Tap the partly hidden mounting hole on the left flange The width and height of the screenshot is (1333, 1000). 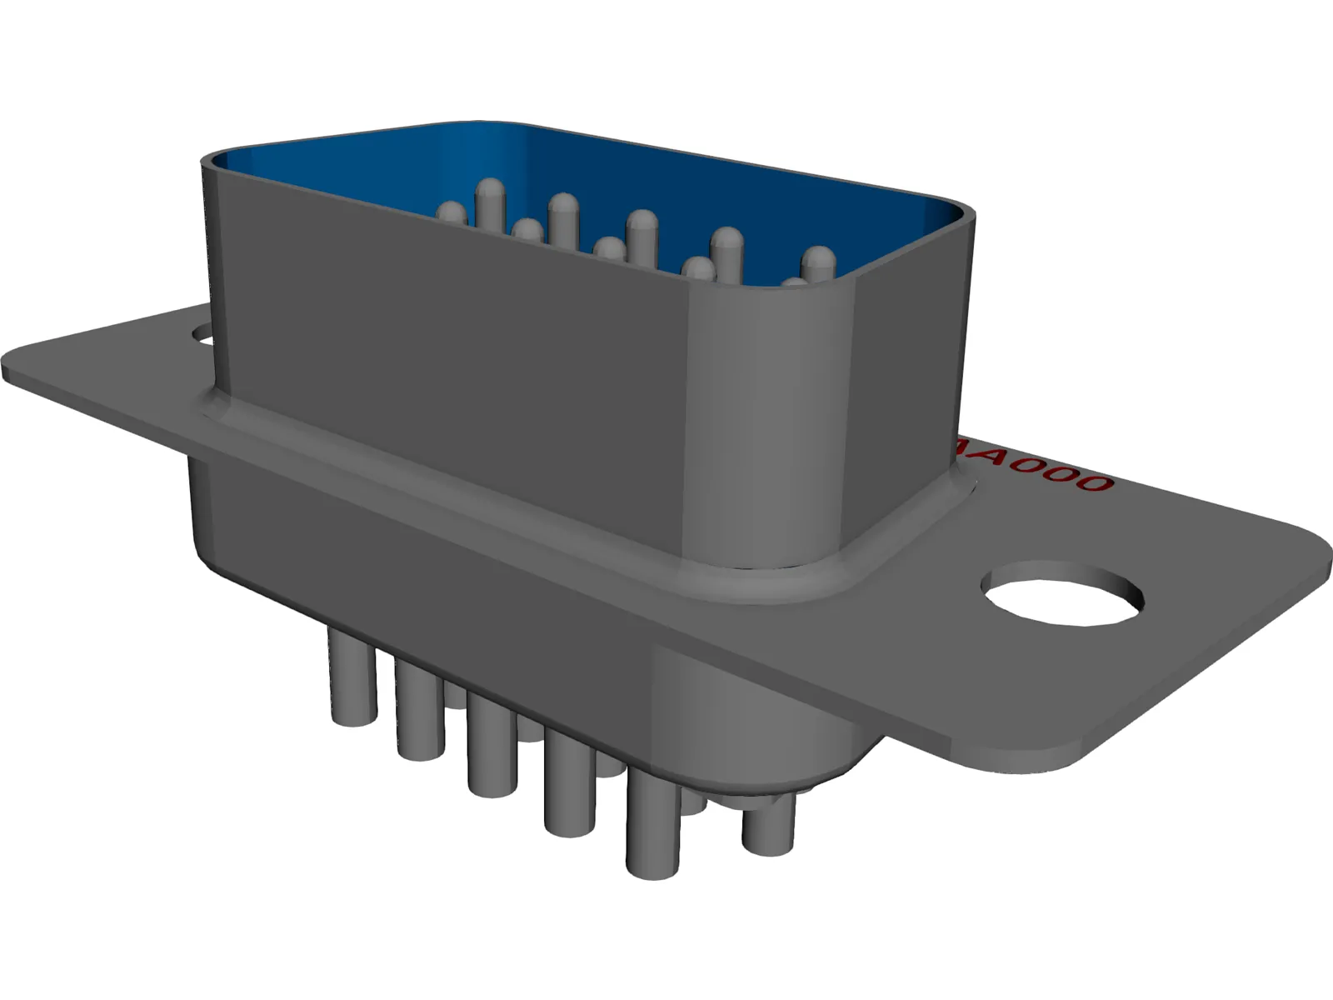pyautogui.click(x=202, y=337)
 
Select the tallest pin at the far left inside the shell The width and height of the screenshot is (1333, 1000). pyautogui.click(x=491, y=200)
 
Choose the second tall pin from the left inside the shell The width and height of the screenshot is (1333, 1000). pyautogui.click(x=563, y=217)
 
